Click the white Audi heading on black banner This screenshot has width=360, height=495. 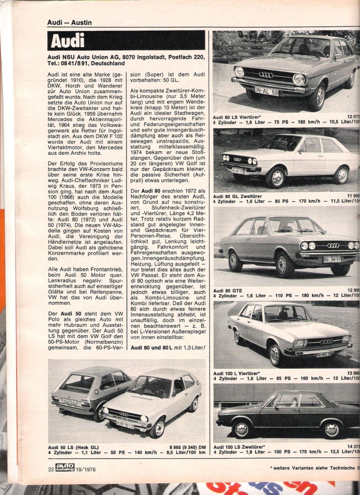click(67, 41)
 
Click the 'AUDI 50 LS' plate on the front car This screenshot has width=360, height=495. click(126, 424)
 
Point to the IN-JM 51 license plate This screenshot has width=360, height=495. click(332, 259)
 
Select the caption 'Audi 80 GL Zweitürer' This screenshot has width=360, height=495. click(238, 196)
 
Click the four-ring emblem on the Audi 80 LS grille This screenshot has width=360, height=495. click(266, 75)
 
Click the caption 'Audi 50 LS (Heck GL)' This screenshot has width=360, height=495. click(74, 446)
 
